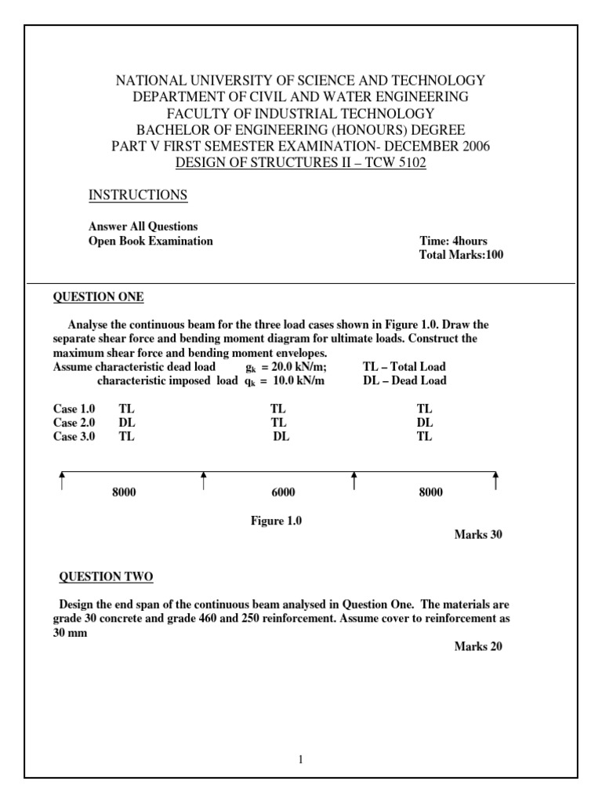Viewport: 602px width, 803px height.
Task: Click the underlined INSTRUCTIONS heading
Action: click(x=137, y=195)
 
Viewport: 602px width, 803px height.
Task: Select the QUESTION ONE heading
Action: click(x=98, y=297)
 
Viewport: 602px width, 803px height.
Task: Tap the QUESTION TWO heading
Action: click(x=107, y=578)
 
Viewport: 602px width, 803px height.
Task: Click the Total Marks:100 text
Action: click(x=462, y=256)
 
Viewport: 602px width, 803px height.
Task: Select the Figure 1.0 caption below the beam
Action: click(x=276, y=521)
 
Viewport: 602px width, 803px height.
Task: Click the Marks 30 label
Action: click(x=478, y=535)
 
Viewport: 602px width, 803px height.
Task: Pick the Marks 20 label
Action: click(x=478, y=647)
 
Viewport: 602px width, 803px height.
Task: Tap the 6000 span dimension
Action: click(x=283, y=492)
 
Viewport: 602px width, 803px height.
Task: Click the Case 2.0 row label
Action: click(x=74, y=423)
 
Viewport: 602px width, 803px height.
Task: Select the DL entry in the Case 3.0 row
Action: click(x=281, y=437)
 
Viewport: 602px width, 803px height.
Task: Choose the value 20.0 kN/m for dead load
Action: click(x=298, y=367)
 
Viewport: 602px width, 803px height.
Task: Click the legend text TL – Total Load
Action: click(x=404, y=367)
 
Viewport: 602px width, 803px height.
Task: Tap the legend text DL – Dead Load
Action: click(x=405, y=381)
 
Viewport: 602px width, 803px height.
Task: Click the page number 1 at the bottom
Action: click(x=301, y=760)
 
